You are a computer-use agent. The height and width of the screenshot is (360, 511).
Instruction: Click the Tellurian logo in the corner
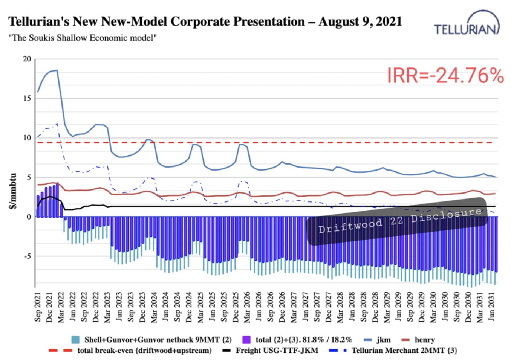pos(466,23)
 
